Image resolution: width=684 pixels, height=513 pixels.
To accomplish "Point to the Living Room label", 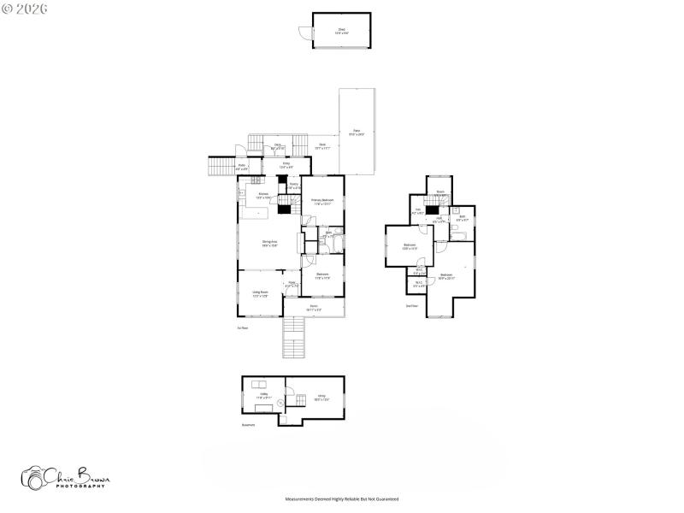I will click(260, 294).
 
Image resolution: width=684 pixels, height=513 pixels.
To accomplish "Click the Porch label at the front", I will click(314, 307).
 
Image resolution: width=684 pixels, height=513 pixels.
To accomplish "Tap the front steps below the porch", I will click(293, 339).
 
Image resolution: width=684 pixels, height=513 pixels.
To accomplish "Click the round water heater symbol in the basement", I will click(280, 402).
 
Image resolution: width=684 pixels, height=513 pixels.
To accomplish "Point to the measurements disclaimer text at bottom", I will click(342, 498).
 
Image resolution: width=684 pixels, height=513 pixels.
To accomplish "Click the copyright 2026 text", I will click(25, 8).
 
